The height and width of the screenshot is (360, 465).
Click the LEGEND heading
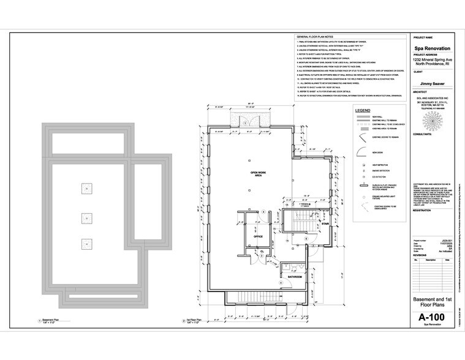click(x=362, y=110)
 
